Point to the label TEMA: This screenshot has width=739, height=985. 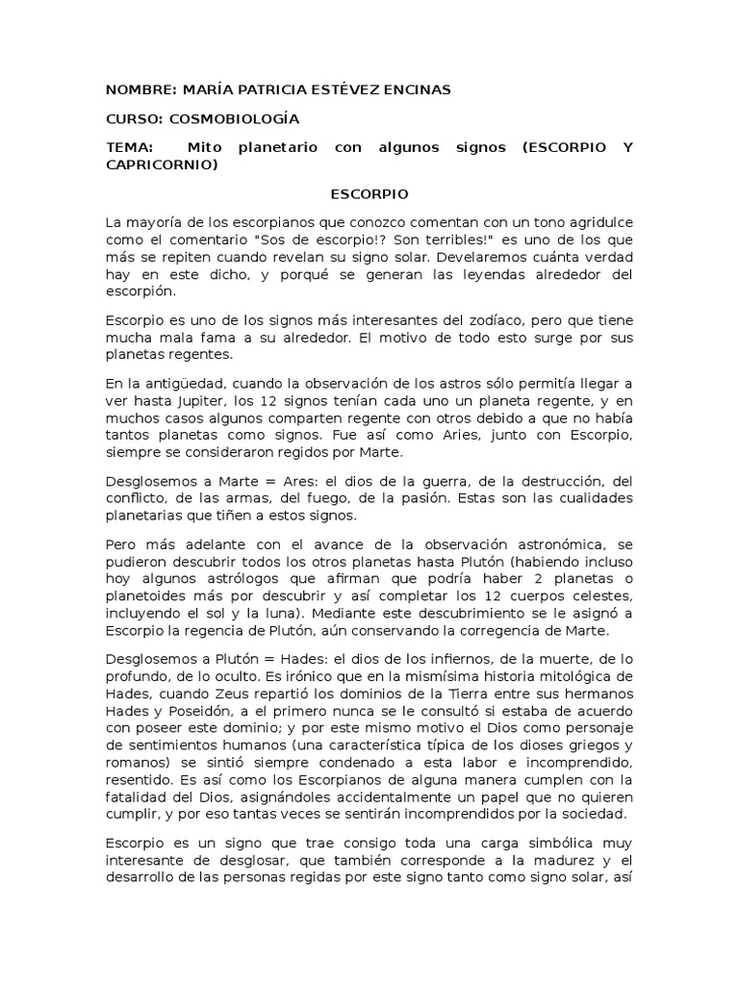131,148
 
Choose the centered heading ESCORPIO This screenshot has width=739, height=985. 369,193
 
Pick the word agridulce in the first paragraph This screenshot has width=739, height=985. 598,222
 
